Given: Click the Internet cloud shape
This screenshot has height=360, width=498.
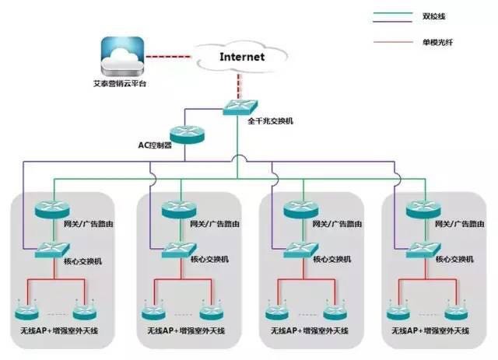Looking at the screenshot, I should tap(242, 57).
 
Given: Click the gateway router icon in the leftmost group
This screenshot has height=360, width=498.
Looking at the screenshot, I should tap(51, 209).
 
